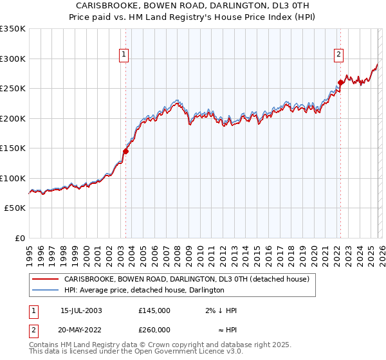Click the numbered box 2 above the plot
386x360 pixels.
(x=338, y=55)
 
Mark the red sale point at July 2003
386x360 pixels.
(x=126, y=152)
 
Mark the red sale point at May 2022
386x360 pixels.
(x=340, y=82)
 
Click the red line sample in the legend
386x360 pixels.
(x=46, y=279)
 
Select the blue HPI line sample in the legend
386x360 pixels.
(x=46, y=291)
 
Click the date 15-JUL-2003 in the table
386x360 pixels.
(x=80, y=310)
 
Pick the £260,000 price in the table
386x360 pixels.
(x=154, y=330)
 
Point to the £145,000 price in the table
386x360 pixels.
(x=154, y=310)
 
